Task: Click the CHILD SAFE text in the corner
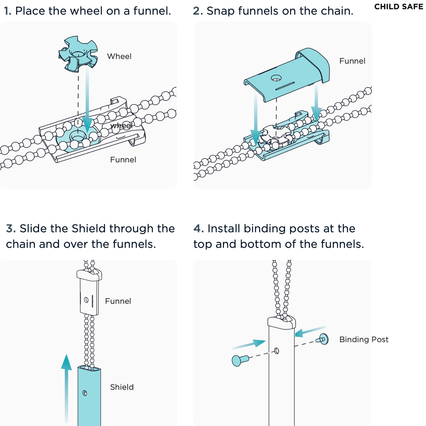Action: point(398,7)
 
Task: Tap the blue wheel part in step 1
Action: point(78,54)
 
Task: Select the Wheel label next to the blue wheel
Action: point(119,56)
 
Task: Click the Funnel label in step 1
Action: point(123,160)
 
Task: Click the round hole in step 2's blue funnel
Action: point(276,78)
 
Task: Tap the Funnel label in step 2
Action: point(352,61)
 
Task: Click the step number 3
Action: point(11,229)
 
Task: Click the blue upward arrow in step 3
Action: point(66,386)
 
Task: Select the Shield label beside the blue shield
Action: point(122,387)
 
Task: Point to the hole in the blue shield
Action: point(85,393)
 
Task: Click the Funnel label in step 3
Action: point(118,301)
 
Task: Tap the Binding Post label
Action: point(364,339)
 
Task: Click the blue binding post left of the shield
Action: point(239,361)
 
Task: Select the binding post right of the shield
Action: point(323,339)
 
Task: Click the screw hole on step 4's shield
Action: point(277,351)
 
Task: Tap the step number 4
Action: point(198,229)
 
